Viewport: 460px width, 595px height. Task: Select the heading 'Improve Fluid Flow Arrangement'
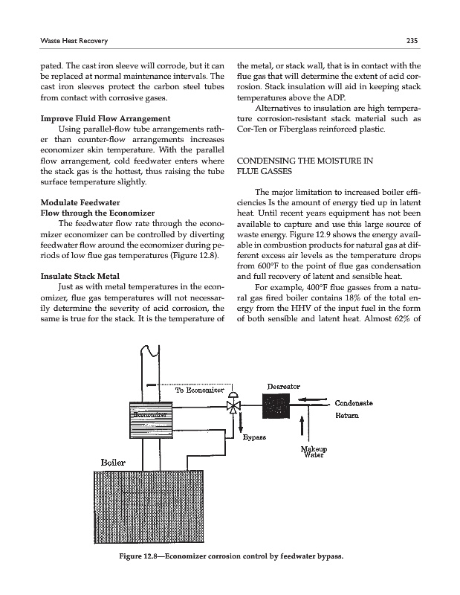click(x=105, y=119)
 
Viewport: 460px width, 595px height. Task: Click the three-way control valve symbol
click(x=233, y=406)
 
